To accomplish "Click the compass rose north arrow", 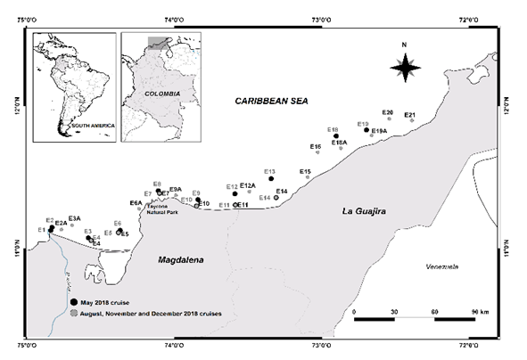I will [405, 65].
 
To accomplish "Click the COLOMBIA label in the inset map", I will [162, 93].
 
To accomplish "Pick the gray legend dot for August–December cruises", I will [75, 314].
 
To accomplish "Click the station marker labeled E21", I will [411, 120].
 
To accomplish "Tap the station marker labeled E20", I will [389, 119].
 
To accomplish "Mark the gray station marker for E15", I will [308, 177].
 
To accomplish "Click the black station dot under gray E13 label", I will [271, 179].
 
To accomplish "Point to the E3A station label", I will [74, 218].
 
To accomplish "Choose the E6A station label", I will [136, 203].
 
